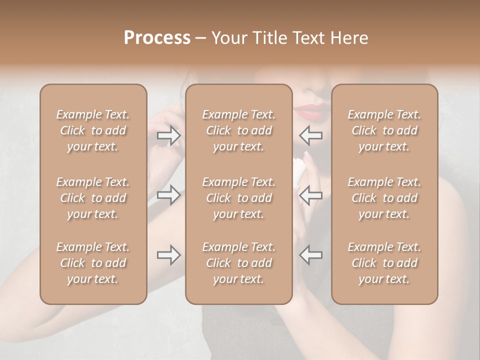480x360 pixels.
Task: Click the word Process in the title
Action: [157, 37]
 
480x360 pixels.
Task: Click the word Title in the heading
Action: [268, 38]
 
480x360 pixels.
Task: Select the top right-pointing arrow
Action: [169, 135]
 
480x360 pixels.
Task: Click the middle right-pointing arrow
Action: [169, 194]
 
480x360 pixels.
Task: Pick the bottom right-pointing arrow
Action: [169, 255]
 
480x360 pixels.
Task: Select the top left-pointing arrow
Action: [310, 135]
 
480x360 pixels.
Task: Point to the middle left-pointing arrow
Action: [310, 194]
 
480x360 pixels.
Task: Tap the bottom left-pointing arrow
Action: [310, 255]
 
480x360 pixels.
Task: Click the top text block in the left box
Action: [93, 130]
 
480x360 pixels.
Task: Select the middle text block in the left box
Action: [93, 198]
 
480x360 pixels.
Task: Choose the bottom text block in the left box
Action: [93, 263]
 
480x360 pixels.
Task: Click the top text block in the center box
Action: [238, 130]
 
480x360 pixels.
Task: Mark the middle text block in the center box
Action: [238, 198]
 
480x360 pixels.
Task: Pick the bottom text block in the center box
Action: [238, 263]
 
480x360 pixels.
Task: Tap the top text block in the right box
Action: [384, 130]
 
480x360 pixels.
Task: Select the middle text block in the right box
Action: [384, 198]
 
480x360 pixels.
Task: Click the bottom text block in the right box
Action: [384, 263]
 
